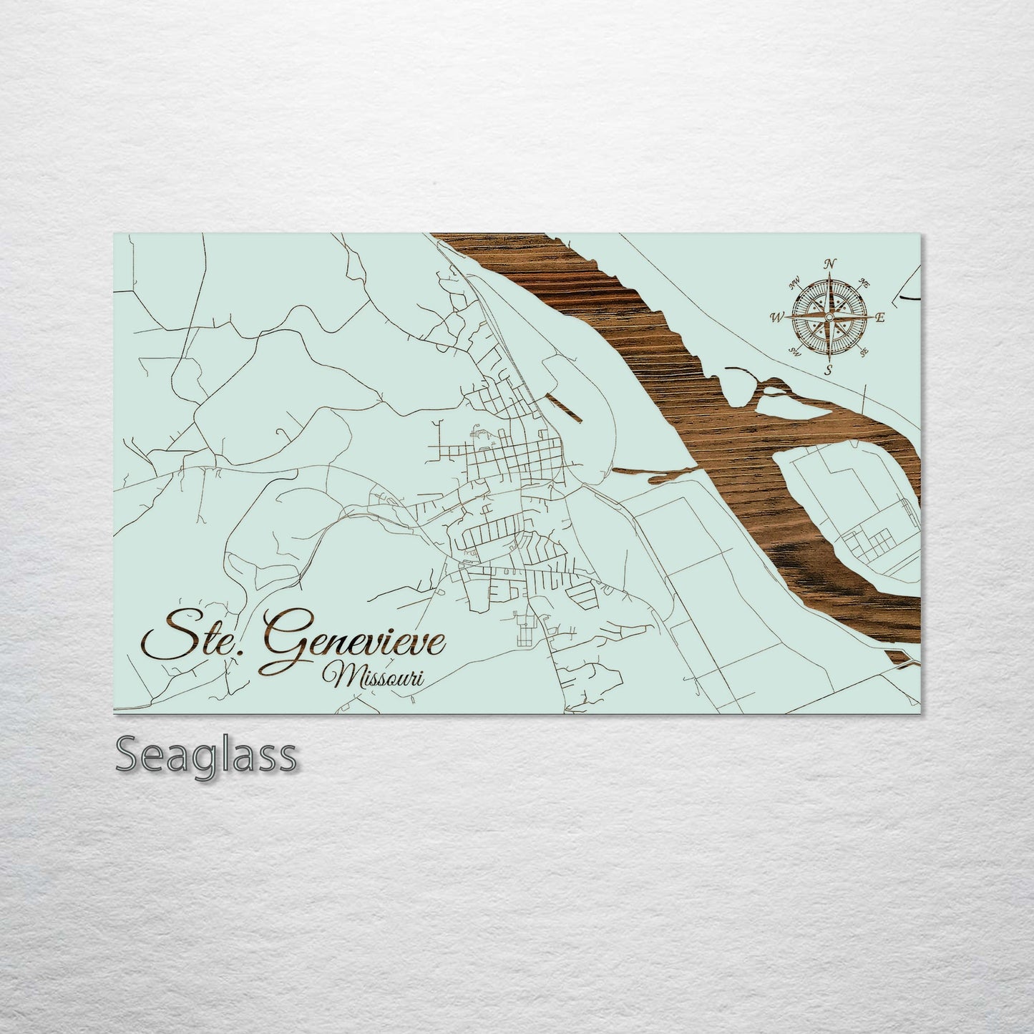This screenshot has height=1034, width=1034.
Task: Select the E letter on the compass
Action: click(x=881, y=318)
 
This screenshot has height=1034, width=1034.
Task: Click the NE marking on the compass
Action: click(x=864, y=282)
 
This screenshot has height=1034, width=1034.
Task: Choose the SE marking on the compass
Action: click(x=864, y=351)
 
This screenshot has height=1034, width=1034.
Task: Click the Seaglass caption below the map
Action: click(x=205, y=754)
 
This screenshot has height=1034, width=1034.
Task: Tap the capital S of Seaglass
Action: click(x=127, y=754)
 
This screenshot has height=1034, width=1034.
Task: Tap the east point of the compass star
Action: click(x=869, y=316)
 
